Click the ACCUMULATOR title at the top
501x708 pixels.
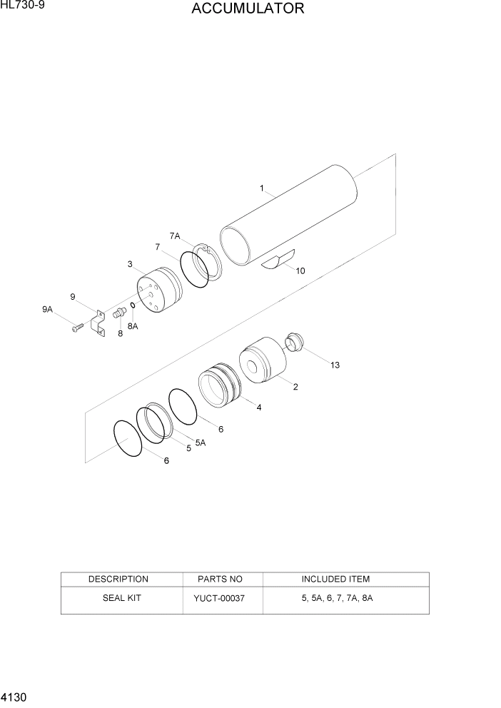(248, 9)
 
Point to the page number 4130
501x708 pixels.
(14, 694)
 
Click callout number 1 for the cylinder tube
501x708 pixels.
(262, 189)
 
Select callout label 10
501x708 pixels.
(300, 270)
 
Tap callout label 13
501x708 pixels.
(335, 365)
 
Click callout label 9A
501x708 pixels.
(47, 309)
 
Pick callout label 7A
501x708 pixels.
(175, 236)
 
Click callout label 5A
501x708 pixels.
(200, 442)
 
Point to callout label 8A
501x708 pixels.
(133, 325)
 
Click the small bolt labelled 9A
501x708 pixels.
(77, 328)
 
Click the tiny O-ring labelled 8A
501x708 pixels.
(133, 308)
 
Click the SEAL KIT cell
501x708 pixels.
(118, 597)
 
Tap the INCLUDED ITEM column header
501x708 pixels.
(335, 579)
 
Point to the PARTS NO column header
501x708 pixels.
(224, 579)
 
